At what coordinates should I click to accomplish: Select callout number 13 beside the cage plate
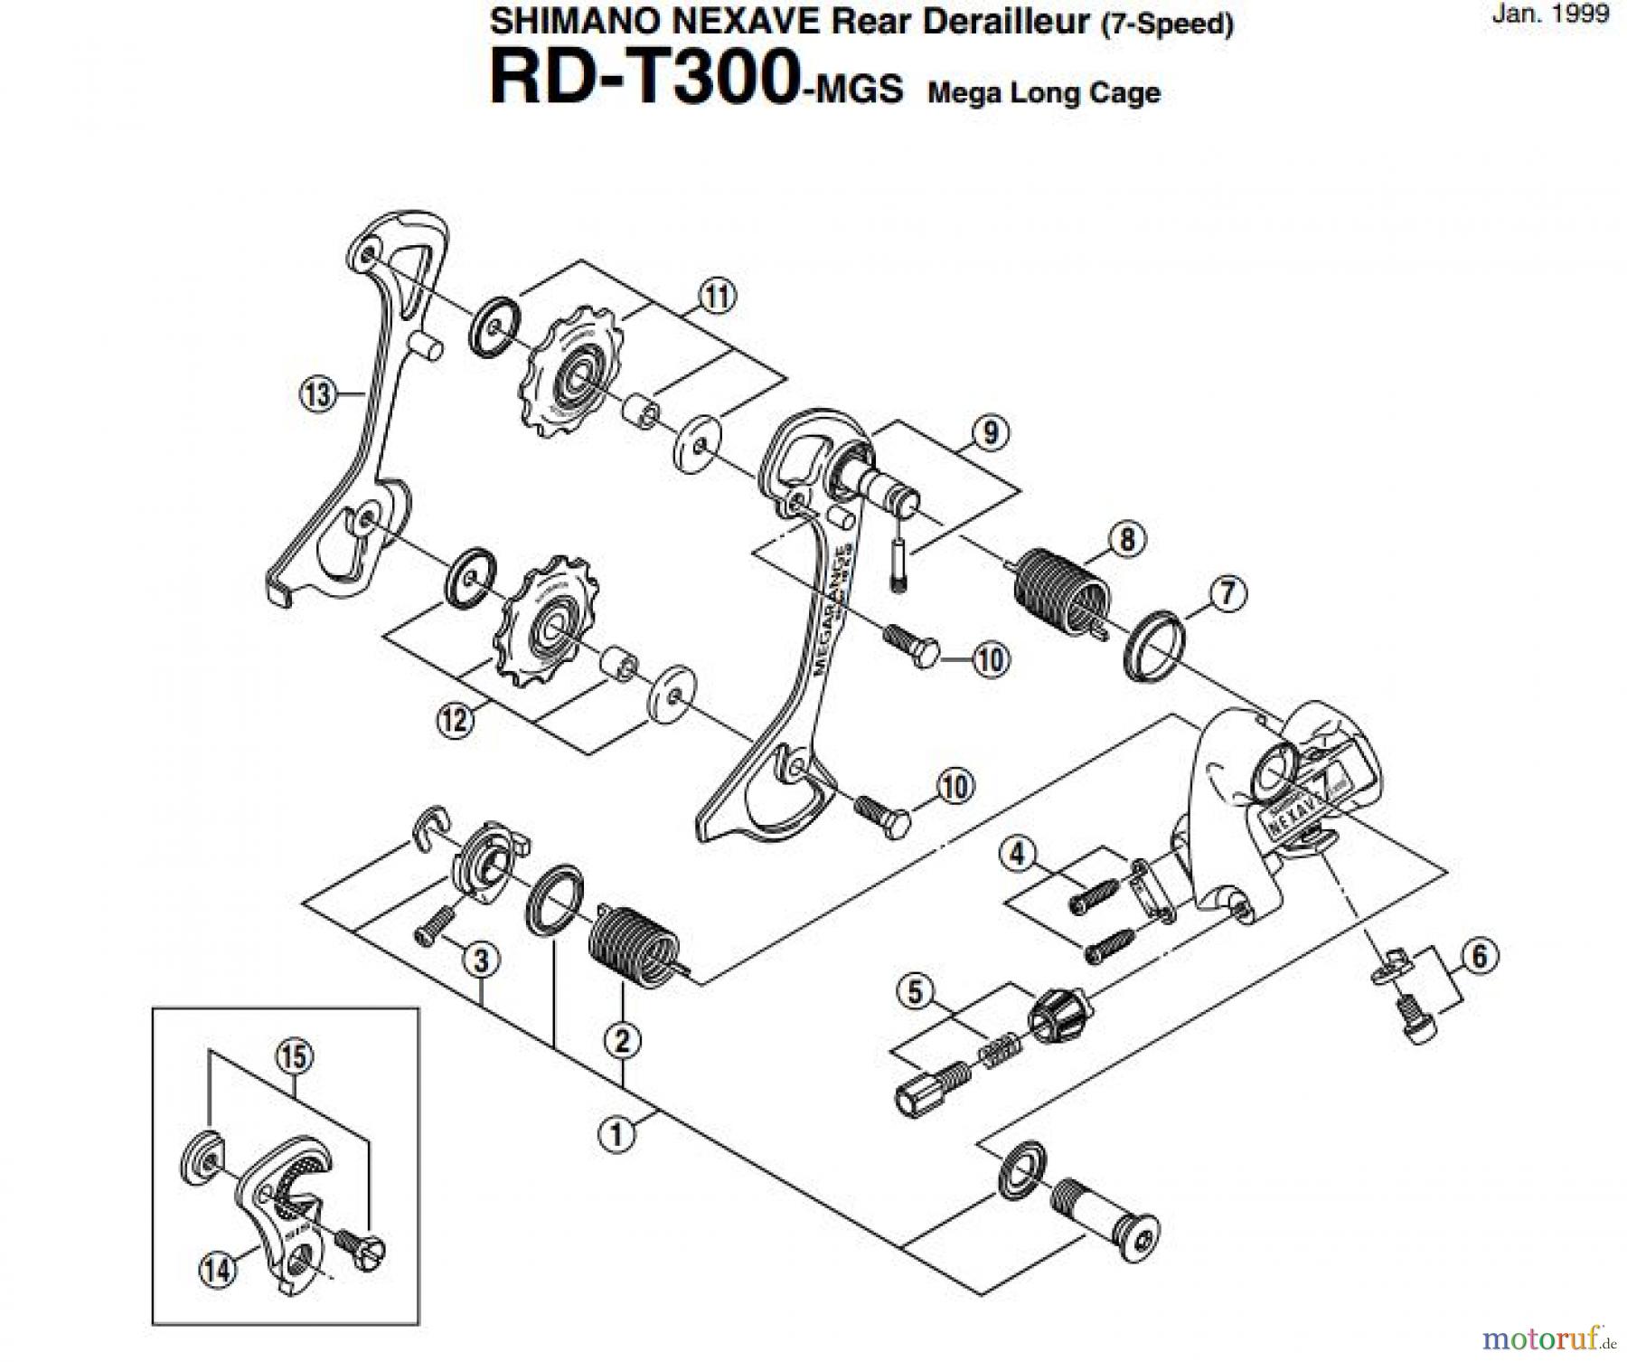tap(316, 394)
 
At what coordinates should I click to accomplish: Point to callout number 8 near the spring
tap(1126, 540)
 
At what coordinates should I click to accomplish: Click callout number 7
tap(1227, 594)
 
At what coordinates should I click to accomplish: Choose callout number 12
tap(455, 720)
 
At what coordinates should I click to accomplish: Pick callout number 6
tap(1479, 956)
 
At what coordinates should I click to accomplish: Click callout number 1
tap(617, 1133)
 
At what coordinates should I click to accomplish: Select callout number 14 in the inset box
tap(217, 1270)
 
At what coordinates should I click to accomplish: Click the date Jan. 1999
tap(1550, 14)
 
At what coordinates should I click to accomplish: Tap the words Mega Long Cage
tap(1044, 93)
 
